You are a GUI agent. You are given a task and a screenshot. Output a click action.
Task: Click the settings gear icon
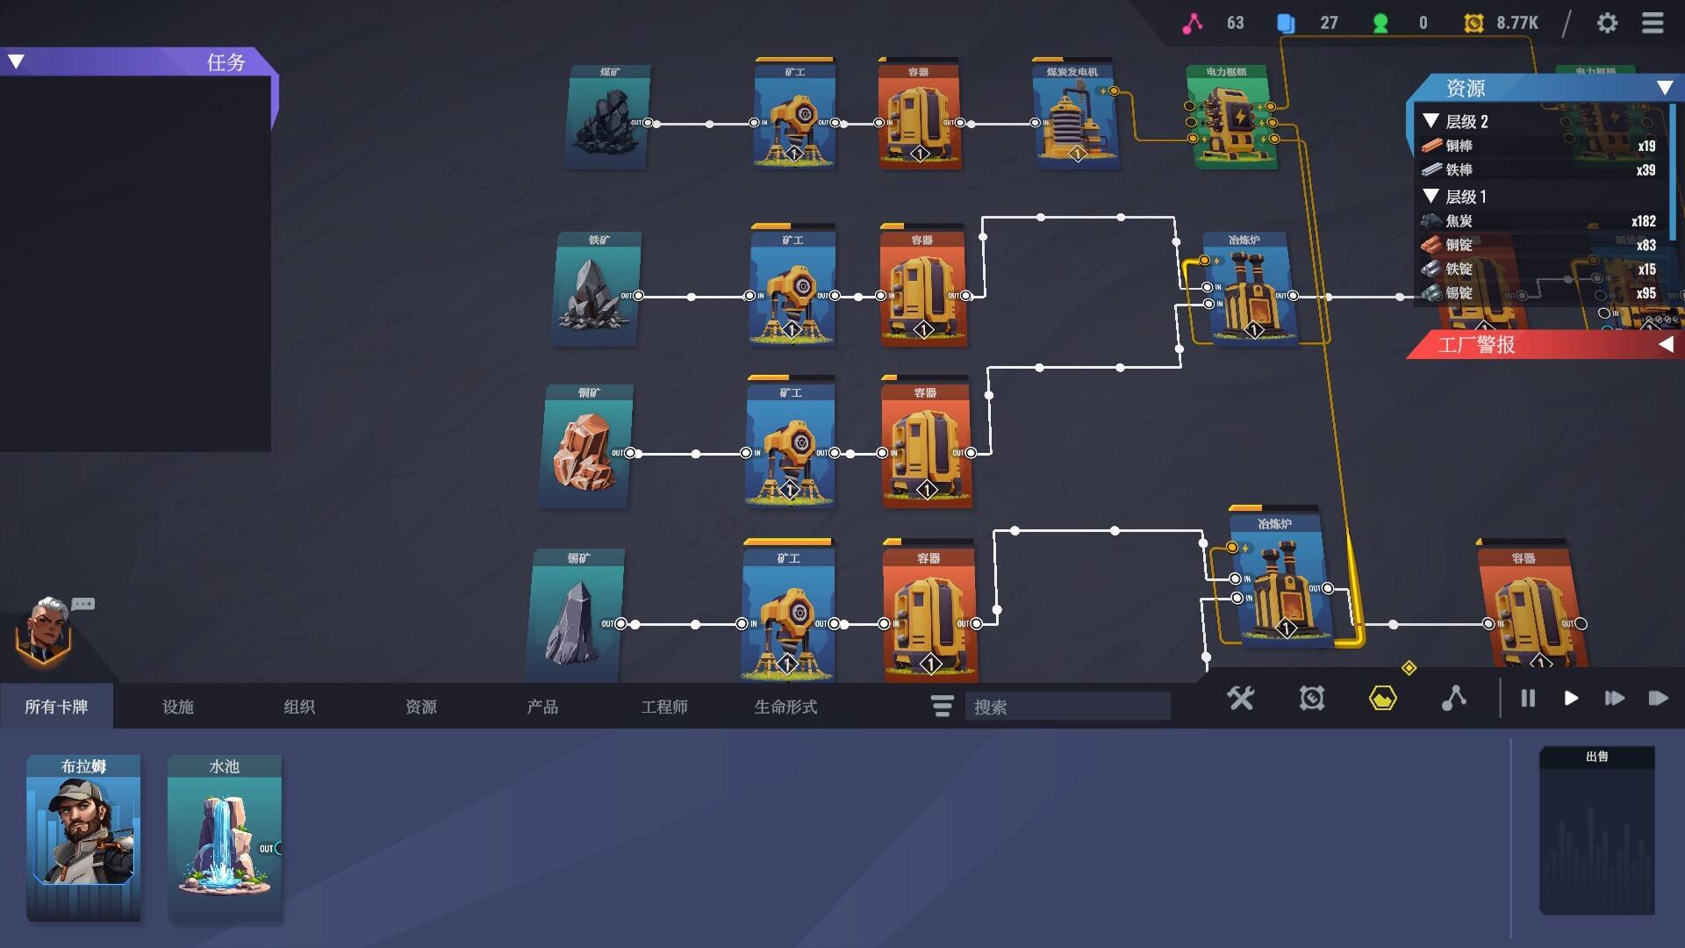1607,23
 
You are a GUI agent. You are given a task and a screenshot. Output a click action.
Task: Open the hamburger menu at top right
1653,23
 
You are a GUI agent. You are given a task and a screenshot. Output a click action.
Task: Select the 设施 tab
177,707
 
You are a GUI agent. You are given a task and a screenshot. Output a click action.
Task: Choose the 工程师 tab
663,707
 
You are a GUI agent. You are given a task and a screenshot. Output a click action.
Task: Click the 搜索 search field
1067,707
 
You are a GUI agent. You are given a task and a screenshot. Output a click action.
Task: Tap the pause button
1528,699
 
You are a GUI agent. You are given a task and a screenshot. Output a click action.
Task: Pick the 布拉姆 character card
83,837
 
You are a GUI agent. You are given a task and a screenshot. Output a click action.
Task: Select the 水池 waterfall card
225,837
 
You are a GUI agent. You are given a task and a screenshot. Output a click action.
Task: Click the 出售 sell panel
1596,830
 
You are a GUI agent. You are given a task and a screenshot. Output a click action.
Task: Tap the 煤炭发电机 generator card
1074,117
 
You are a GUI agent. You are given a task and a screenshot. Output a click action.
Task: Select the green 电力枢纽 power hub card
1229,117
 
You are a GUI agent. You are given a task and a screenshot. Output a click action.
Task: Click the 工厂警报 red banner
1545,345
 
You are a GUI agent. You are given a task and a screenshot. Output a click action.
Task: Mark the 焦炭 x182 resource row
1539,221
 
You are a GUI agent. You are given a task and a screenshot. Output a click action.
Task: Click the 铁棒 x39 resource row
1539,170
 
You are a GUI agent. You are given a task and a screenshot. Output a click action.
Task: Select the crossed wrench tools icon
1241,699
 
